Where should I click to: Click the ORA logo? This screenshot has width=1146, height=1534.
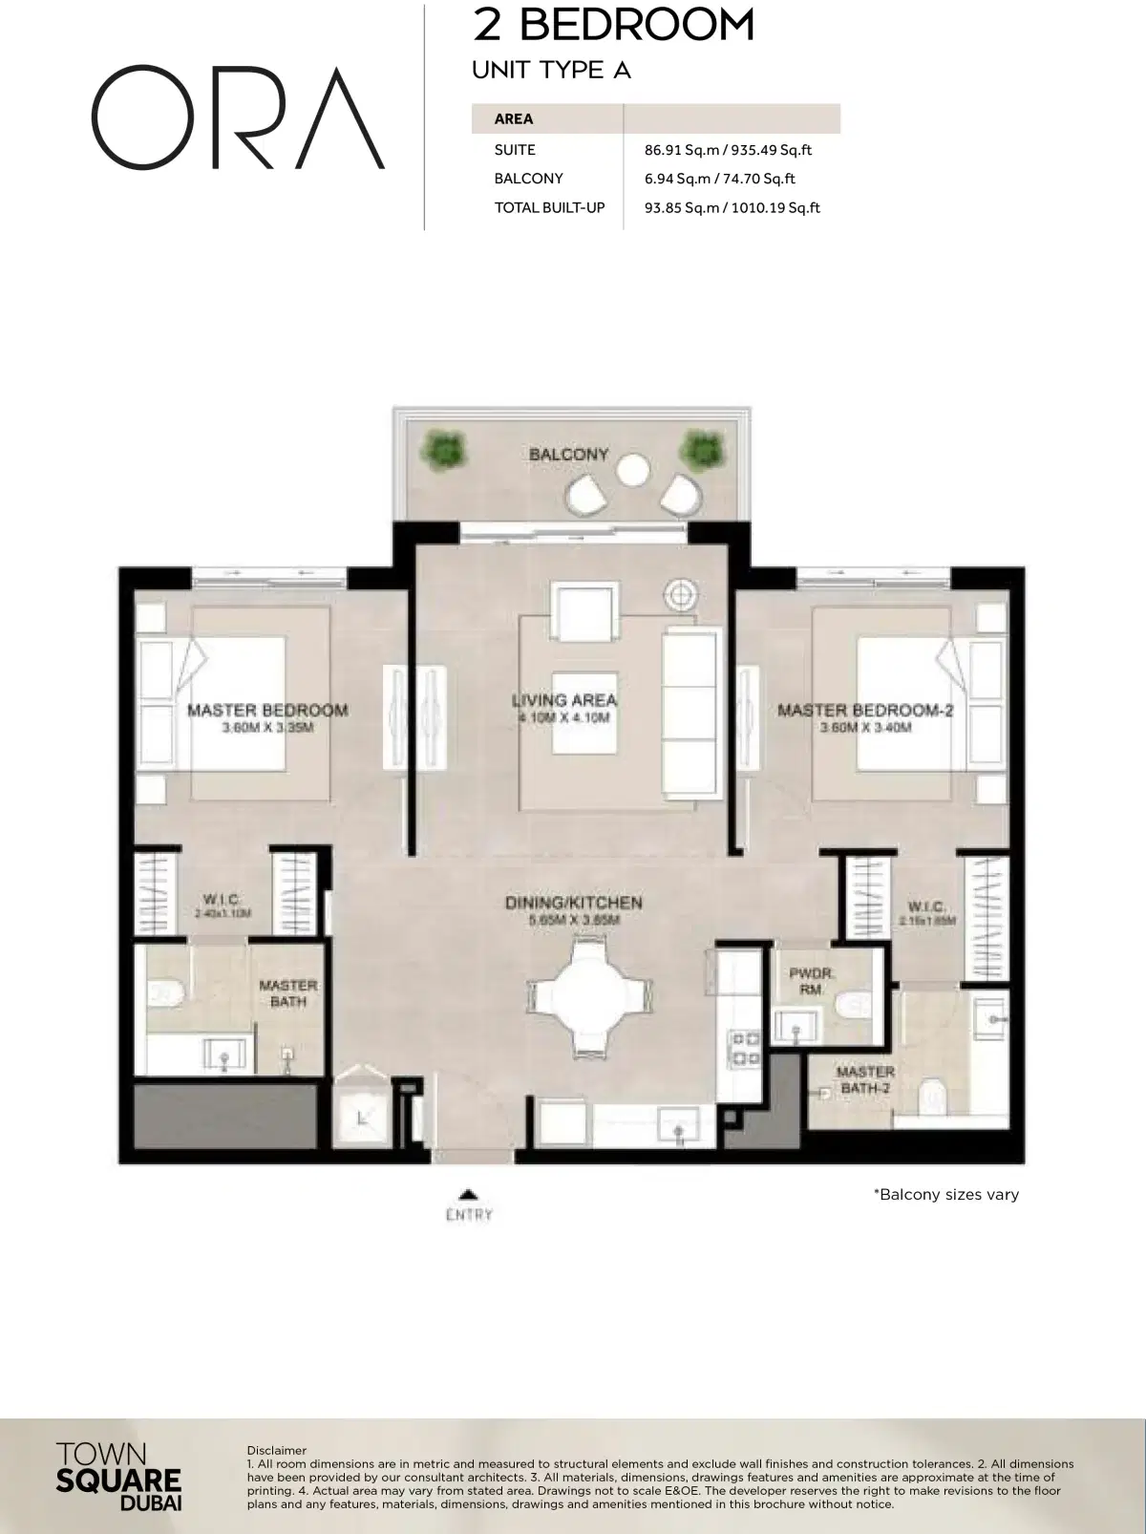pos(237,117)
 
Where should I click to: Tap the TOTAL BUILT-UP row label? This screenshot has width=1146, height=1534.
pos(549,207)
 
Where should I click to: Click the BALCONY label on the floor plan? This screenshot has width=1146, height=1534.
pos(568,455)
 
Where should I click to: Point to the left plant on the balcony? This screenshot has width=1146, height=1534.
pos(443,446)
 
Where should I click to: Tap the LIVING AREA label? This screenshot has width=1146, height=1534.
pos(563,700)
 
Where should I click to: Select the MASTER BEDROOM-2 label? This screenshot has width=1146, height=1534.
pos(865,710)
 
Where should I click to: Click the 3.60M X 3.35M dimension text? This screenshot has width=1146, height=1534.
pos(267,728)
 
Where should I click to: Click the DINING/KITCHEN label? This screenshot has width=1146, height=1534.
pos(573,903)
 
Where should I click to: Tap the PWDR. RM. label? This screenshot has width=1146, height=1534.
pos(812,981)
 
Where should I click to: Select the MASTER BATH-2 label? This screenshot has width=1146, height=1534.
pos(865,1079)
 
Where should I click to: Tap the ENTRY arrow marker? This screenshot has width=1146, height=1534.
pos(468,1194)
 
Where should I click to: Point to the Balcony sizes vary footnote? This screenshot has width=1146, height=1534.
pos(945,1194)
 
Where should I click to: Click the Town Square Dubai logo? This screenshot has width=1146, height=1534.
pos(118,1479)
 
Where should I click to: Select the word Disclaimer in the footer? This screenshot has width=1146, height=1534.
pos(276,1450)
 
